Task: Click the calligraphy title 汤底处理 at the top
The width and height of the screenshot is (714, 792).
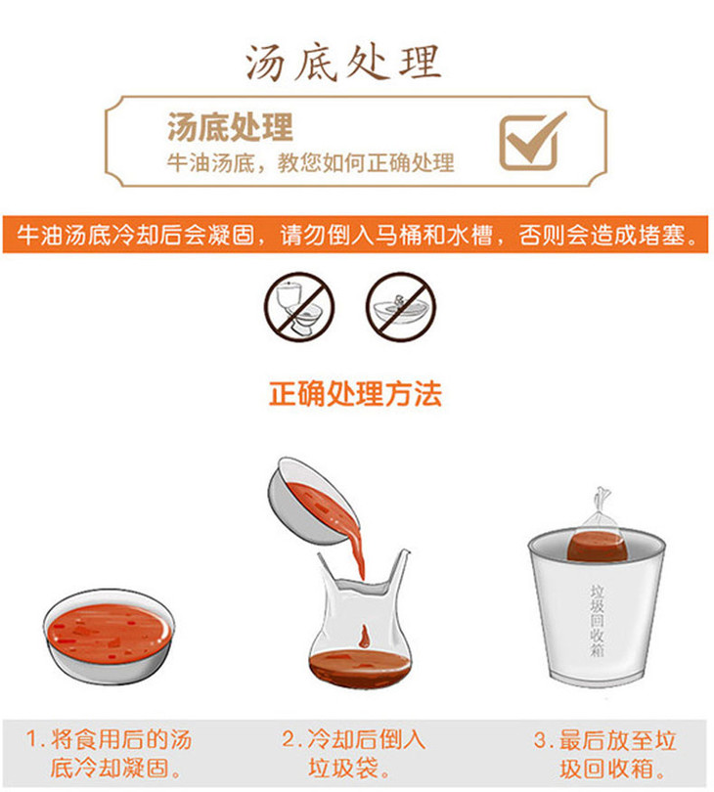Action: coord(343,63)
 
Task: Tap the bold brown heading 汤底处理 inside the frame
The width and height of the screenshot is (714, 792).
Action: coord(231,127)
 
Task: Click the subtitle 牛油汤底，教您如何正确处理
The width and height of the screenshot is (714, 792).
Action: coord(311,162)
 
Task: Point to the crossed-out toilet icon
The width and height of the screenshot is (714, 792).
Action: coord(299,307)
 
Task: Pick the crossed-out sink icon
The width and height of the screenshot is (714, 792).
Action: coord(401,307)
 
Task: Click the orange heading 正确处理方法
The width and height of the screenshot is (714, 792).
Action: coord(356,393)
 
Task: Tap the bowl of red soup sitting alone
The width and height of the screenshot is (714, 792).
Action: coord(110,636)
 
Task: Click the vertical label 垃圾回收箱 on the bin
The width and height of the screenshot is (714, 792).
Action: coord(598,620)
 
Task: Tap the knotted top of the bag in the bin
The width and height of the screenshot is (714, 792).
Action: coord(602,500)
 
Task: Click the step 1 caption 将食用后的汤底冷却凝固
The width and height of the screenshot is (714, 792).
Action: coord(110,754)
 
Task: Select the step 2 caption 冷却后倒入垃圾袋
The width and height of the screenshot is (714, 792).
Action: coord(354,754)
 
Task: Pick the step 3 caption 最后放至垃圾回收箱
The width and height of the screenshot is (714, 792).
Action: coord(605,754)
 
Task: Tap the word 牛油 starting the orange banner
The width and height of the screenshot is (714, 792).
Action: coord(40,235)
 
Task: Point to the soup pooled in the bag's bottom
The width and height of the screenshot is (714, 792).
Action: coord(360,667)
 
